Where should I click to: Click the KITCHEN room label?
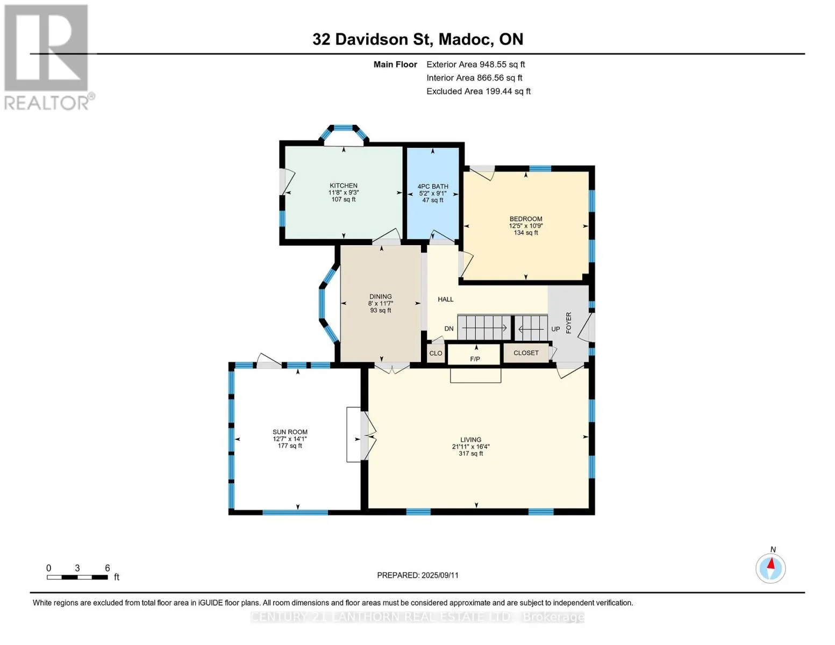[343, 185]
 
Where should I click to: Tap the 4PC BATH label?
[433, 187]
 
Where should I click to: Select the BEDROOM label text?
[526, 219]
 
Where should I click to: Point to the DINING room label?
[381, 297]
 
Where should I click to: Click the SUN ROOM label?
[290, 432]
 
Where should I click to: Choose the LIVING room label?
[470, 440]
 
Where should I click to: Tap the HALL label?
[445, 299]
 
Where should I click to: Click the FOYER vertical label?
[569, 322]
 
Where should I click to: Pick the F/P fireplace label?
[475, 359]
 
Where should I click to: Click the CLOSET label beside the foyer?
[526, 353]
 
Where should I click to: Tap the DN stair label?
[449, 328]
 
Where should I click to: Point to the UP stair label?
[555, 329]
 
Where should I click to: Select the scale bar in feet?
[77, 577]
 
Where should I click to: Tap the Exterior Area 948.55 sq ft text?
[476, 64]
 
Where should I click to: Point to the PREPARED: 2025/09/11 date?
[418, 575]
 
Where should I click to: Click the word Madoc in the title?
[466, 39]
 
